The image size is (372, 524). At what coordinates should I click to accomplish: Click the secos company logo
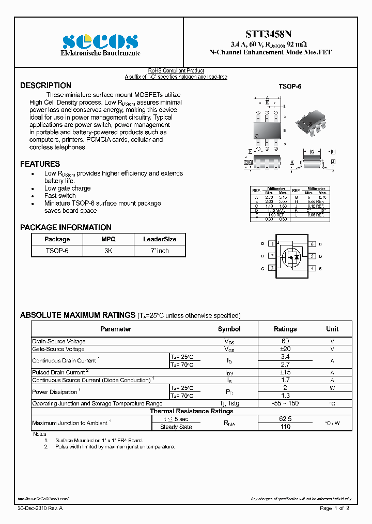(100, 41)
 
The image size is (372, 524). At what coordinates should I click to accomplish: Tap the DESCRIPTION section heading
(45, 85)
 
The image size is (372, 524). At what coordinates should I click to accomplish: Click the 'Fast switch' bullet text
(60, 196)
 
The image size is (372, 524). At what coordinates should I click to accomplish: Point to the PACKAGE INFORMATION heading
(66, 227)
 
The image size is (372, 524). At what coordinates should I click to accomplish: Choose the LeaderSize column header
(159, 239)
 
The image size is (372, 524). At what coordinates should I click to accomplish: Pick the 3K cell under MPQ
(109, 251)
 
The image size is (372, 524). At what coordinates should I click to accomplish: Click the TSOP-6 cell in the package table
(57, 251)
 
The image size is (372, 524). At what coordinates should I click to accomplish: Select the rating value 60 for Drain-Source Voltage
(285, 341)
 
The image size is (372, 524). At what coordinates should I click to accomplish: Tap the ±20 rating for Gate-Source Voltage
(285, 349)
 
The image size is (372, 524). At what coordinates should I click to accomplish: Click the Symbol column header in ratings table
(229, 329)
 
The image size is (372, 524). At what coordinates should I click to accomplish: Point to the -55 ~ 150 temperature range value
(285, 403)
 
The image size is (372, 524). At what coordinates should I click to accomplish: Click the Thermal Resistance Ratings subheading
(191, 411)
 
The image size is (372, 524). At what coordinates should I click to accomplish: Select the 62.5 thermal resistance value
(285, 418)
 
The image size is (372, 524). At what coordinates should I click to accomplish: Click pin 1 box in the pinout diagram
(272, 243)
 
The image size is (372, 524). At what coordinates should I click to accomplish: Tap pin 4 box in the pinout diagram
(312, 268)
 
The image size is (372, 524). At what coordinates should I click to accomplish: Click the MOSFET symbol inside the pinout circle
(292, 256)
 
